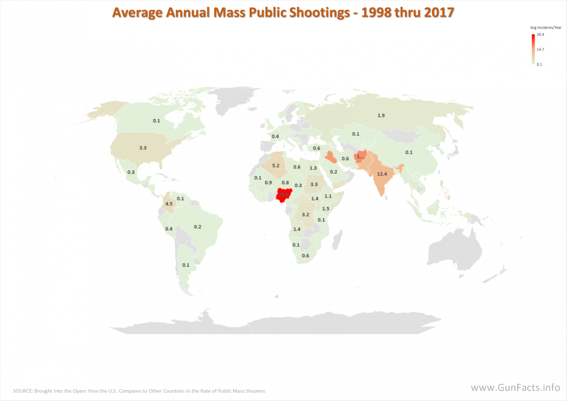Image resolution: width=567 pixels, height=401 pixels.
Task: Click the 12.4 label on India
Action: tap(382, 174)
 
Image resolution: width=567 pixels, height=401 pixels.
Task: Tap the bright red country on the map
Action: tap(283, 195)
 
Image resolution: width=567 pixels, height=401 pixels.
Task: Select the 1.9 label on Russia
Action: tap(381, 116)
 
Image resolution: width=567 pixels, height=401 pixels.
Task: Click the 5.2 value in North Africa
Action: tap(276, 166)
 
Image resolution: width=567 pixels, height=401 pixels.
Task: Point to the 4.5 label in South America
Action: tap(169, 204)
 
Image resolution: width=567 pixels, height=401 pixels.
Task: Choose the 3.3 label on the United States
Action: tap(143, 148)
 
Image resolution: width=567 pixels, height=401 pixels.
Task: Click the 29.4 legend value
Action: tap(540, 35)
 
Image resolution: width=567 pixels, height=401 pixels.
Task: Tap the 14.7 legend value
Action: tap(540, 50)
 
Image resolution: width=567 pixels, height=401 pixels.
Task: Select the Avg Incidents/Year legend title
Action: tap(546, 28)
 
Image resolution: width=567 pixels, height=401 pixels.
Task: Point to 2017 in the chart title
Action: tap(439, 13)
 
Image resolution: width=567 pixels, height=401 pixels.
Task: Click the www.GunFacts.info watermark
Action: tap(515, 387)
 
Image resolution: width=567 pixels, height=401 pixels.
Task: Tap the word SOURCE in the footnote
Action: tap(23, 391)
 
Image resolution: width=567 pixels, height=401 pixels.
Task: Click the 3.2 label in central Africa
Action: tap(305, 215)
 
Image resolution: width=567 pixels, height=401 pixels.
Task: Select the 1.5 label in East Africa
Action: tap(326, 209)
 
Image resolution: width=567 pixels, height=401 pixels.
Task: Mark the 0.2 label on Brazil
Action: tap(197, 227)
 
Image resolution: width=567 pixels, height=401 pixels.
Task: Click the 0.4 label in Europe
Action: tap(275, 136)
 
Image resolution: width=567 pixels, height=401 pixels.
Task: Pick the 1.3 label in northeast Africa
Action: tap(313, 168)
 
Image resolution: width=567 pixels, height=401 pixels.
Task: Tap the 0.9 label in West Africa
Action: tap(268, 183)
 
